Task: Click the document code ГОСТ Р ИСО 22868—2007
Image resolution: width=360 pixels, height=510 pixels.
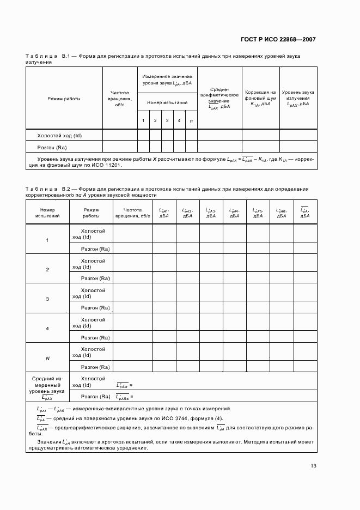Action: pyautogui.click(x=278, y=40)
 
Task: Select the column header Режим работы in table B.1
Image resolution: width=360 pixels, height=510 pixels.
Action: pyautogui.click(x=64, y=99)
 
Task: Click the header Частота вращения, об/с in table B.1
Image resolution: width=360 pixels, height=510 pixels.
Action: pyautogui.click(x=119, y=99)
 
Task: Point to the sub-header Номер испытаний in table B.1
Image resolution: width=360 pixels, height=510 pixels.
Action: pyautogui.click(x=167, y=102)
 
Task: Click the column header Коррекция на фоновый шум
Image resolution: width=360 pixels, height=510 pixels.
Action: pyautogui.click(x=260, y=98)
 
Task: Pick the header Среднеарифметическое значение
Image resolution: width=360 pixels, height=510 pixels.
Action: pyautogui.click(x=219, y=98)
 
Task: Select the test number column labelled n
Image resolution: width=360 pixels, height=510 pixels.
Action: pyautogui.click(x=191, y=120)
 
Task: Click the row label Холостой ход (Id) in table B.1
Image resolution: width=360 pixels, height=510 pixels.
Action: pyautogui.click(x=63, y=136)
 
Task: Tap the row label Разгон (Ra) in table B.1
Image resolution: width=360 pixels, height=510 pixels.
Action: pyautogui.click(x=52, y=148)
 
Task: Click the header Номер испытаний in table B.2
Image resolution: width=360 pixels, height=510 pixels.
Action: pyautogui.click(x=47, y=212)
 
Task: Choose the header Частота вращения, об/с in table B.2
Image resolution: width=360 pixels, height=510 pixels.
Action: pyautogui.click(x=132, y=212)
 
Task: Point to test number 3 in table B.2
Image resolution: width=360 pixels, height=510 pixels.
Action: pyautogui.click(x=47, y=299)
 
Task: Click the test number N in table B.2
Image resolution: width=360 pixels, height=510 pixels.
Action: pyautogui.click(x=47, y=358)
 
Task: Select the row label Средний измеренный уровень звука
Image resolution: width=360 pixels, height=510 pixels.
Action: pyautogui.click(x=48, y=387)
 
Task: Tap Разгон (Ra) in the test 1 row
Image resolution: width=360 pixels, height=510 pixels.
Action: pyautogui.click(x=96, y=249)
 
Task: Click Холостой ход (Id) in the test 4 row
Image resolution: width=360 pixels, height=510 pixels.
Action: pyautogui.click(x=93, y=323)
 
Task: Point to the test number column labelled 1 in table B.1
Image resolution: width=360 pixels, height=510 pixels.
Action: pyautogui.click(x=143, y=120)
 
